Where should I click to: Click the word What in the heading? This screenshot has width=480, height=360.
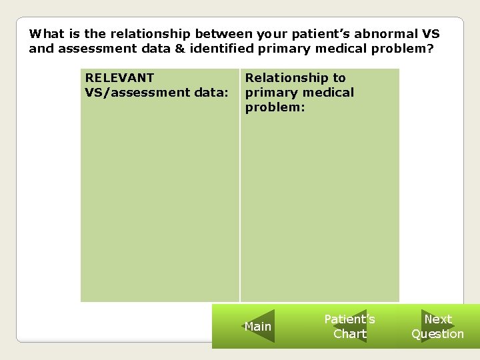tap(45, 33)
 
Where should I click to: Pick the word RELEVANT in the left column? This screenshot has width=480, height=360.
tap(119, 78)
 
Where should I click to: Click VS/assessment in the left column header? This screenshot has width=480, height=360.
tap(135, 92)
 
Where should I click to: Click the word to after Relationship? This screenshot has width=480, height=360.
tap(339, 78)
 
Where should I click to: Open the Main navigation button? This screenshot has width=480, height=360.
tap(258, 327)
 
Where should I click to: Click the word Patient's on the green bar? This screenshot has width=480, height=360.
tap(349, 319)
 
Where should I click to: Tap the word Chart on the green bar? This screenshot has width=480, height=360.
tap(349, 334)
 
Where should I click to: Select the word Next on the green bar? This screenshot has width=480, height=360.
tap(438, 319)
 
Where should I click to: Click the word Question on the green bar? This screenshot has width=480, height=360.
tap(437, 334)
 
